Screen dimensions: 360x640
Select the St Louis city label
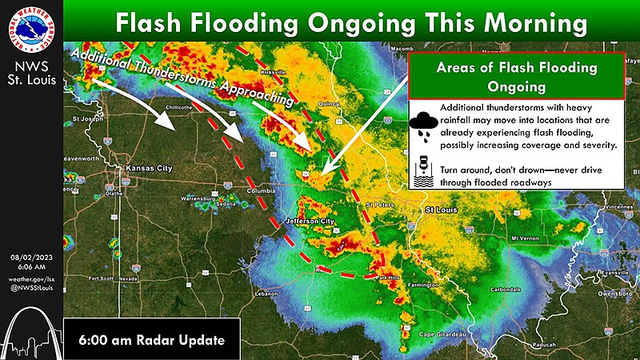440,210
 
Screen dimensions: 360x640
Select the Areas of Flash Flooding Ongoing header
516,76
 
